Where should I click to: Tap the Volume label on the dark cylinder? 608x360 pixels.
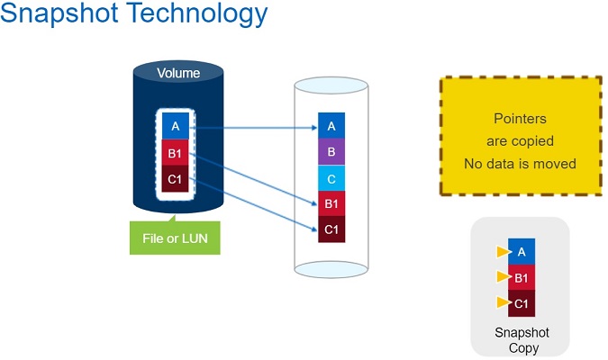178,73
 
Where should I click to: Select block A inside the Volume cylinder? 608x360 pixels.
176,126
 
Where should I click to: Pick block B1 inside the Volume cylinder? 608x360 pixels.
176,152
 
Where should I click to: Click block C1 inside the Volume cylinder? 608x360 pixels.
176,178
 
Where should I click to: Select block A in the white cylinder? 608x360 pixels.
331,126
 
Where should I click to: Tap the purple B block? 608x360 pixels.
331,152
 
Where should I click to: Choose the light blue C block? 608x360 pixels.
331,178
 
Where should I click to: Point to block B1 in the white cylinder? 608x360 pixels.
331,204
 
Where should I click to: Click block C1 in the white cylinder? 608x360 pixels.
331,229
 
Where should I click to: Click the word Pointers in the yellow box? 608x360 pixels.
520,119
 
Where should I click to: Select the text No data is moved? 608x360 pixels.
520,164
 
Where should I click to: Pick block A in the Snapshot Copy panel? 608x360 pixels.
522,252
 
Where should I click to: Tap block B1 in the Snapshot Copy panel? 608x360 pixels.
522,277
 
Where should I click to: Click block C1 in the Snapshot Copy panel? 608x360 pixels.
522,303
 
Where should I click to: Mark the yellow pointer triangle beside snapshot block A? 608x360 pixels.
503,252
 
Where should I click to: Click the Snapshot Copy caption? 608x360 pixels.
522,340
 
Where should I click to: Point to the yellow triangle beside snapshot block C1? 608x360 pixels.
503,303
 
